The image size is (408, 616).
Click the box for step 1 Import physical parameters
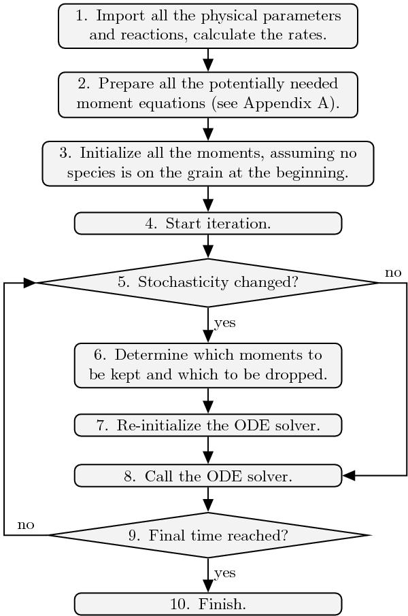208,26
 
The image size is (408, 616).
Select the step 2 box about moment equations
208,94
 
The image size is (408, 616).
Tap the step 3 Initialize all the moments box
208,163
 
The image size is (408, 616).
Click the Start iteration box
208,223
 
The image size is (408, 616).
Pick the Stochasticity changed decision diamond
208,282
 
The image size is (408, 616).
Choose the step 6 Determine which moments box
208,365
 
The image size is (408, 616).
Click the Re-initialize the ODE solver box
208,426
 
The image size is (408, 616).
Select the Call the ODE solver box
208,476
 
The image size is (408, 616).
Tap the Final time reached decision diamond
208,535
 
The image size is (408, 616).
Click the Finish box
208,604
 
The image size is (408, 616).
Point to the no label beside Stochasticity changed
393,273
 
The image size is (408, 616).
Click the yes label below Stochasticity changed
225,322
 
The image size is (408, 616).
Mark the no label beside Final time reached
26,525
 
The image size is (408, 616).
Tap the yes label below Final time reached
225,573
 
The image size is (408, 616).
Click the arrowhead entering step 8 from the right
348,476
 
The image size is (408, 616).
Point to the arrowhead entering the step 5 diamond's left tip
30,282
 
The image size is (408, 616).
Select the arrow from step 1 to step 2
208,60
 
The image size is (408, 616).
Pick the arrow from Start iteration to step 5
208,246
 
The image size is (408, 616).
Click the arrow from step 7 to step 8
208,450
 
